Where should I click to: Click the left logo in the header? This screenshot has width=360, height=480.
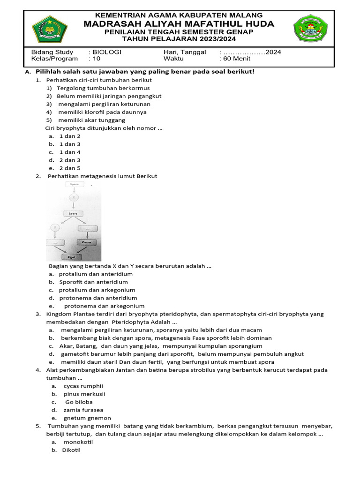pos(50,29)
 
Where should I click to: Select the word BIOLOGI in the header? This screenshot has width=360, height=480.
pos(107,52)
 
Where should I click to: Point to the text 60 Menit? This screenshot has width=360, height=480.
pos(235,59)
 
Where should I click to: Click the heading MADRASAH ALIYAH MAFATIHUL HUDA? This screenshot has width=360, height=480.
pos(179,24)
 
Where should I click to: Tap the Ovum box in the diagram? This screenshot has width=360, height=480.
pos(86,242)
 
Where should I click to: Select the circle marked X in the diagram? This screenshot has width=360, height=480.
pos(74,198)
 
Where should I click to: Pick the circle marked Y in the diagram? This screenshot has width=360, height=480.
pos(55,228)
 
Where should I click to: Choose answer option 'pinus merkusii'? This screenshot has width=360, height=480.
pos(84,394)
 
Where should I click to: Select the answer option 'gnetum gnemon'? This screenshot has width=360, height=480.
pos(87,418)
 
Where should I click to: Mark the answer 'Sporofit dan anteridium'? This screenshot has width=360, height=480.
pos(93,282)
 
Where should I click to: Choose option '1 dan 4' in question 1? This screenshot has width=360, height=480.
pos(70,152)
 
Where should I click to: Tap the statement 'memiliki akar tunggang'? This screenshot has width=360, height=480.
pos(91,120)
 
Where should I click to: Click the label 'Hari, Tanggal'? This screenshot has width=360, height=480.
pos(185,52)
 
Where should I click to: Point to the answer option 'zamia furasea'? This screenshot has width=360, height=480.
pos(83,410)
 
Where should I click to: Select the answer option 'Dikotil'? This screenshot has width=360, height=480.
pos(71,450)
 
